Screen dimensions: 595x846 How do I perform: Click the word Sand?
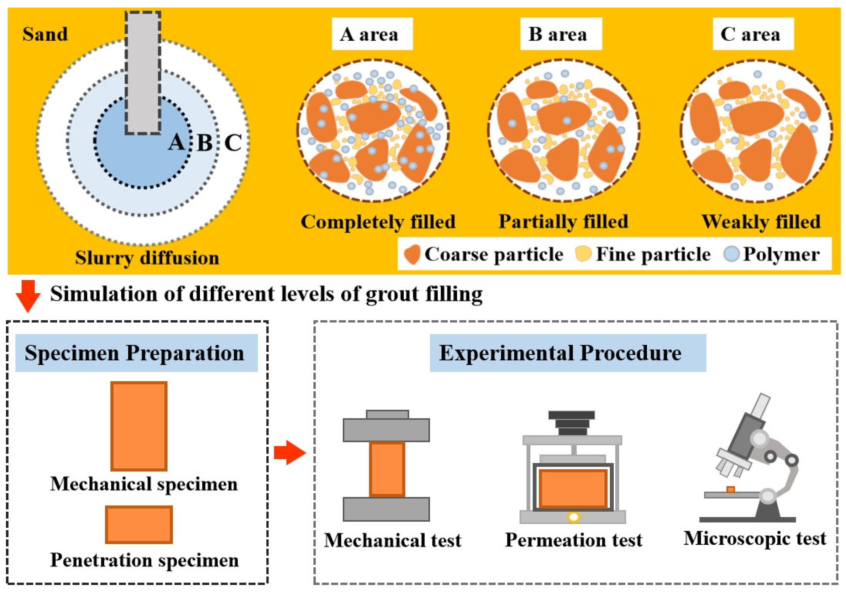[45, 34]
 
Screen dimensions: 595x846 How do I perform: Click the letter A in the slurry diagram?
[176, 142]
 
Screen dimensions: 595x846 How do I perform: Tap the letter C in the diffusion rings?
[233, 143]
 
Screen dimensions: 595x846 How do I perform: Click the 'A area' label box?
[372, 34]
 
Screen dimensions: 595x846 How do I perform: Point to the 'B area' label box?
[560, 34]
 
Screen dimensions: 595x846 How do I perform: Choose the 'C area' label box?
[753, 34]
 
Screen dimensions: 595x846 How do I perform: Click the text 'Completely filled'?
[378, 222]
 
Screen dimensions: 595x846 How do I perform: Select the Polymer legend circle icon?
[731, 254]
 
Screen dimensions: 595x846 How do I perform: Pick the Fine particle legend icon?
[583, 254]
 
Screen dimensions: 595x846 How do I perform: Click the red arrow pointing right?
[290, 452]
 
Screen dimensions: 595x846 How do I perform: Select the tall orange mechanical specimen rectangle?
[139, 426]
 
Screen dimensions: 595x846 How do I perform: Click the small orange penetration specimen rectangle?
[139, 525]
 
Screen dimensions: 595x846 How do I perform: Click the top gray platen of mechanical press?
[386, 430]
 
